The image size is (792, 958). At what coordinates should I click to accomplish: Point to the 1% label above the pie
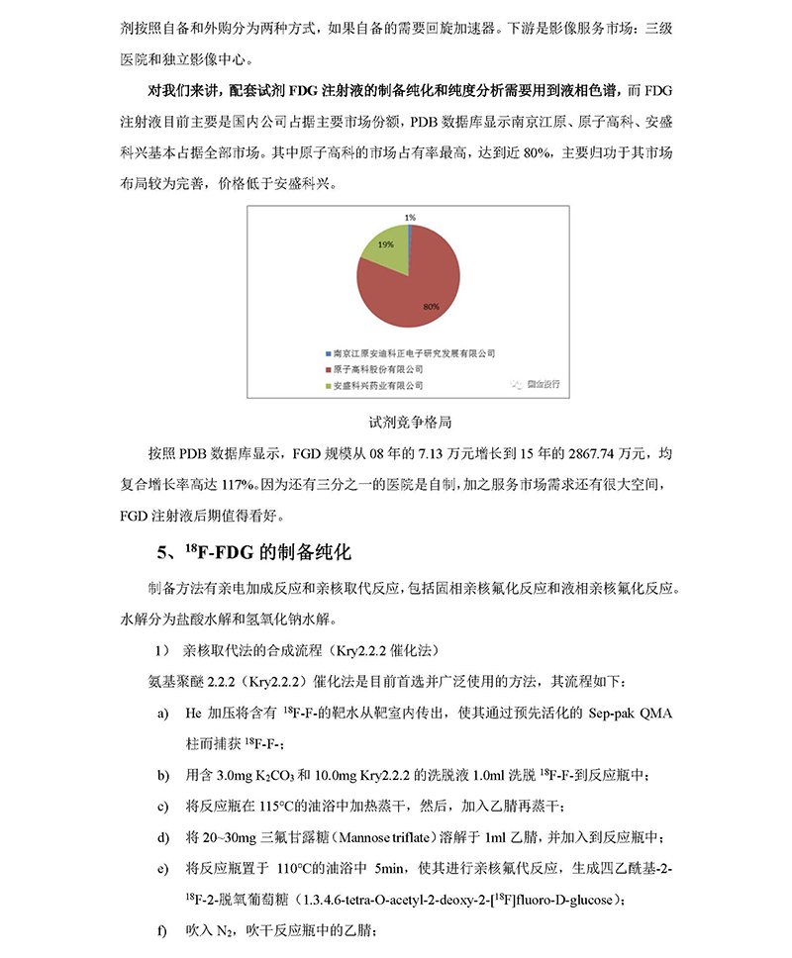pyautogui.click(x=409, y=217)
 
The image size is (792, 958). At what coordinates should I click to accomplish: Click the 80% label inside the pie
pyautogui.click(x=430, y=308)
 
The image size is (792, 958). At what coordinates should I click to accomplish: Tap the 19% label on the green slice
pyautogui.click(x=385, y=243)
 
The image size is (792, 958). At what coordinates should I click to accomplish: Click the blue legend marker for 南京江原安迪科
pyautogui.click(x=327, y=352)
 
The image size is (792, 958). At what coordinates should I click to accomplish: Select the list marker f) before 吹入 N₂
pyautogui.click(x=161, y=930)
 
